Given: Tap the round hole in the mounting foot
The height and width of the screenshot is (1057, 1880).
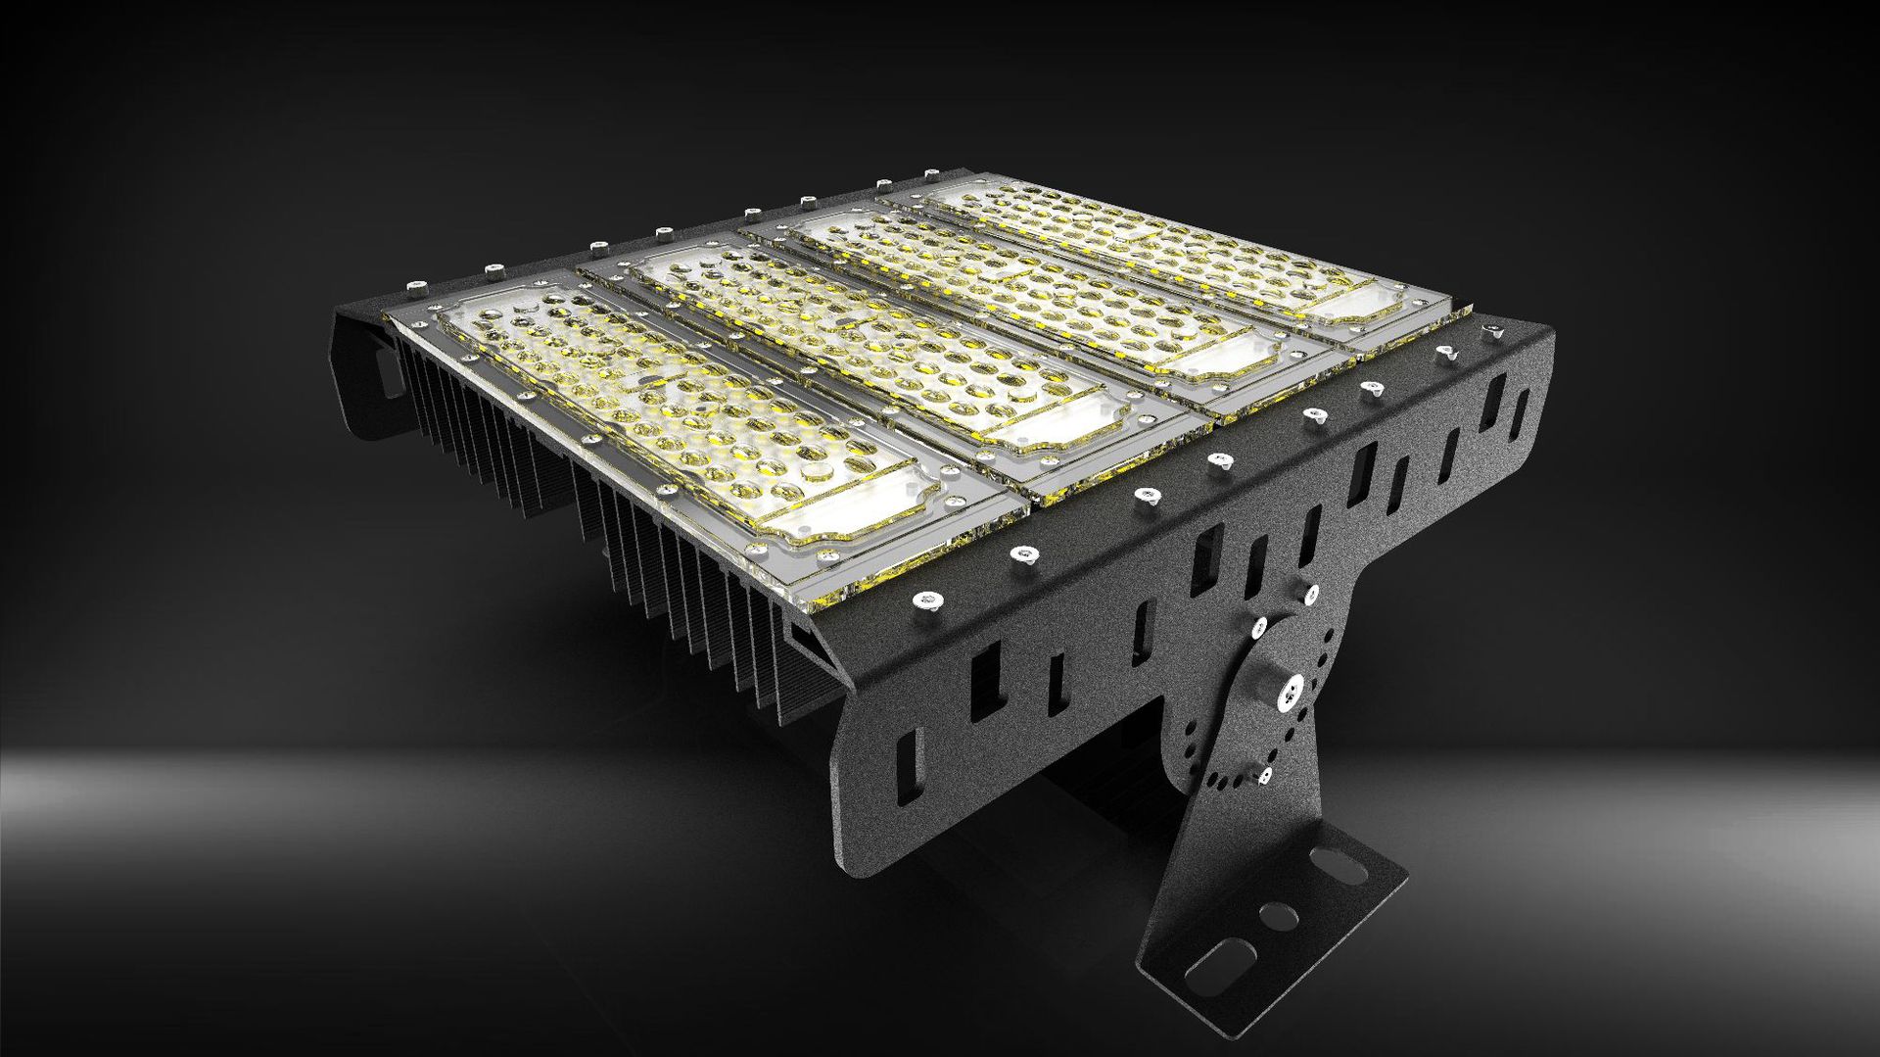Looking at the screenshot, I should point(1279,917).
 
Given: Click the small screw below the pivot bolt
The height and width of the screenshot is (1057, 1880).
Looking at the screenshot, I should point(1265,776).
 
